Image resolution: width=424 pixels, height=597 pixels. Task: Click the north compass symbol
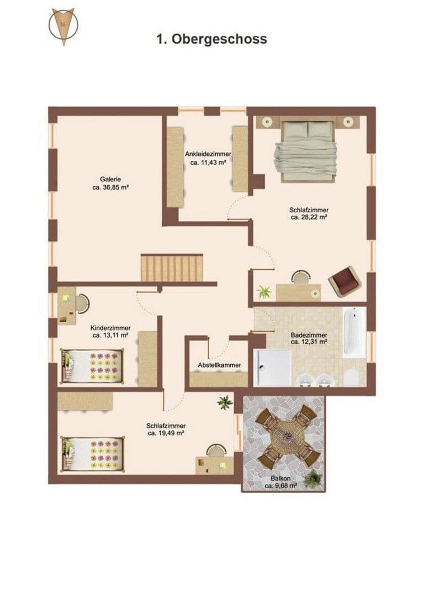(x=63, y=26)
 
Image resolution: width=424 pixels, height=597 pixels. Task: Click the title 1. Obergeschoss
(x=212, y=39)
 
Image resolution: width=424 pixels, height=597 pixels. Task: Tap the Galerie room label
(x=110, y=179)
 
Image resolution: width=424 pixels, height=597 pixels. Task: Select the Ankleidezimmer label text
(x=208, y=154)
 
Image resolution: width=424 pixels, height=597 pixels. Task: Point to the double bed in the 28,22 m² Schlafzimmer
(x=308, y=151)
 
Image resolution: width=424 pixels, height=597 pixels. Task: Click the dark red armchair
(x=344, y=282)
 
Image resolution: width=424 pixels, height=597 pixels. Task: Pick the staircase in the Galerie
(x=172, y=268)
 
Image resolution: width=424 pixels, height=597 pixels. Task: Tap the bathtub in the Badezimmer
(x=354, y=332)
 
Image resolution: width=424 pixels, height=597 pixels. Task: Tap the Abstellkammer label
(x=219, y=365)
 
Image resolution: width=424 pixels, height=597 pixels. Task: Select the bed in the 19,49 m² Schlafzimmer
(x=92, y=454)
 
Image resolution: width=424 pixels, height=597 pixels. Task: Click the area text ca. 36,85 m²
(x=110, y=187)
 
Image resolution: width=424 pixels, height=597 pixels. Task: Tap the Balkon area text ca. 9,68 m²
(x=280, y=486)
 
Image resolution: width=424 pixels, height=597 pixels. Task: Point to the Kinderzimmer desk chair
(x=83, y=303)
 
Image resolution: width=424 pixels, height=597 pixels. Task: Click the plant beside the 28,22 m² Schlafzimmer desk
(x=264, y=292)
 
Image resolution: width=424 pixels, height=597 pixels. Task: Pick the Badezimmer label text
(x=309, y=336)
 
